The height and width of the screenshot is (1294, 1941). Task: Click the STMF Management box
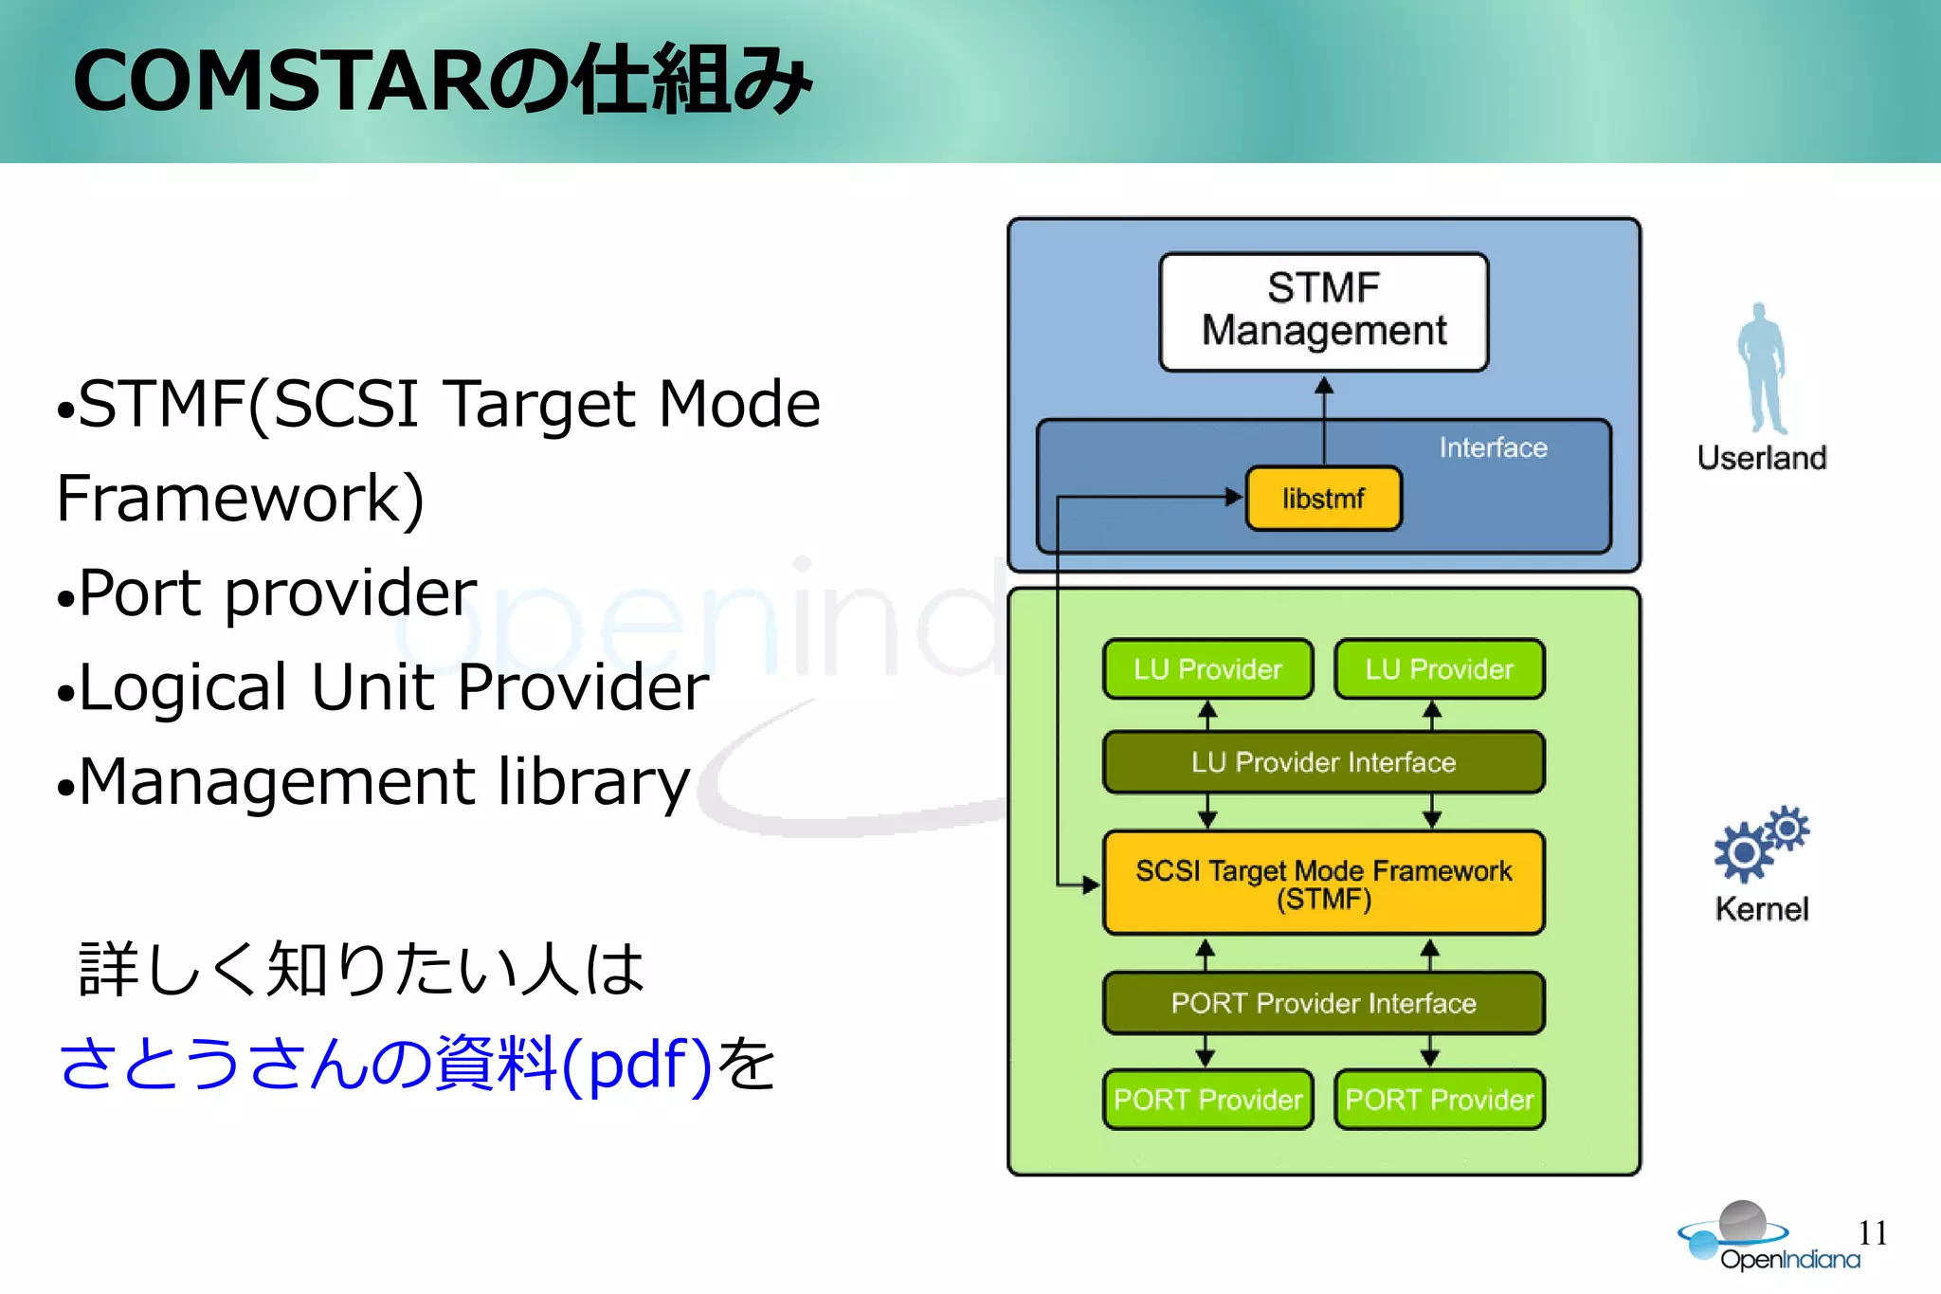click(1323, 311)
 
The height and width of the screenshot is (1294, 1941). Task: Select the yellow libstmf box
click(1323, 498)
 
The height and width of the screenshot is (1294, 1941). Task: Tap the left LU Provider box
click(1207, 669)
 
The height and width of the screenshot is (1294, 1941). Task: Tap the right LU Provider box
click(1439, 669)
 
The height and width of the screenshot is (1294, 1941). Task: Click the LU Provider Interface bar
click(1323, 762)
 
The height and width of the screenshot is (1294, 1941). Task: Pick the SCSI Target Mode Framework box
click(1323, 884)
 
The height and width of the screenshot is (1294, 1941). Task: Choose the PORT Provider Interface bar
click(1323, 1003)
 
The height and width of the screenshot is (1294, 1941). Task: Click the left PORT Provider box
click(1207, 1100)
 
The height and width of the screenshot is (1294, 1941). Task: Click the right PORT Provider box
click(1439, 1100)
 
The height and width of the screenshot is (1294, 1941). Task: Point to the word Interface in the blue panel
click(1493, 447)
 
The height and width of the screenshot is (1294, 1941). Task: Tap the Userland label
click(1761, 458)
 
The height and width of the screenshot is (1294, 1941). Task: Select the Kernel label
click(1761, 909)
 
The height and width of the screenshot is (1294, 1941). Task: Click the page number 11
click(1873, 1232)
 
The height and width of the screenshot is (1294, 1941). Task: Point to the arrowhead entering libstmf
click(1234, 497)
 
